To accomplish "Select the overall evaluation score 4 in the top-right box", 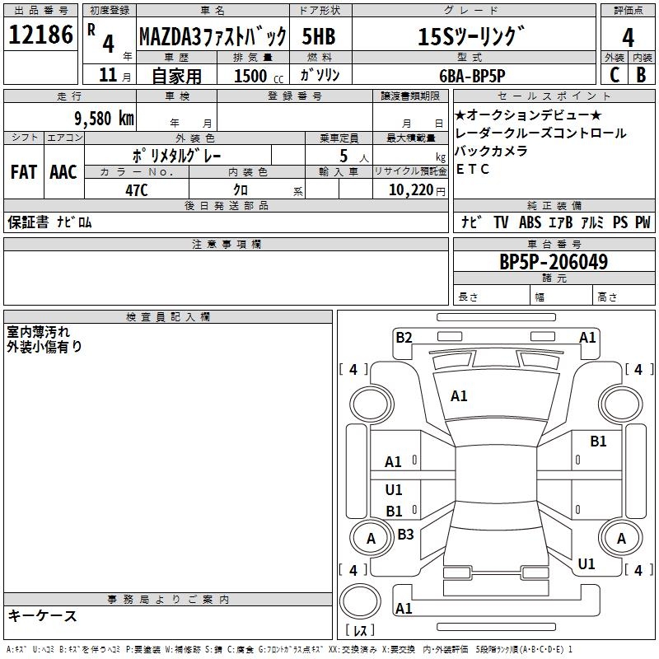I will coord(628,37).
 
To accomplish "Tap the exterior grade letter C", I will coord(615,74).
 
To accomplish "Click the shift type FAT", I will coord(23,171).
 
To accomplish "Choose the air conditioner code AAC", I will coord(63,171).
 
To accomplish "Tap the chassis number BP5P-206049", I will coord(554,262).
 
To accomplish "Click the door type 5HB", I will coord(317,36).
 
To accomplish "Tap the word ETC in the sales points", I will coord(473,170).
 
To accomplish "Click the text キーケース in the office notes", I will coord(43,615).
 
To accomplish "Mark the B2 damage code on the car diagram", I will coord(404,337).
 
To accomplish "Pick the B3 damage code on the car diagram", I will coord(405,535).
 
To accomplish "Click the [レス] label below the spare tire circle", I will coord(359,632).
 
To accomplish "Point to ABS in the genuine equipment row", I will coord(530,222).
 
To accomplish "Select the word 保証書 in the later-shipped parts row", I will coord(28,222).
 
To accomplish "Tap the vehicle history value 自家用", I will coord(177,76).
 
